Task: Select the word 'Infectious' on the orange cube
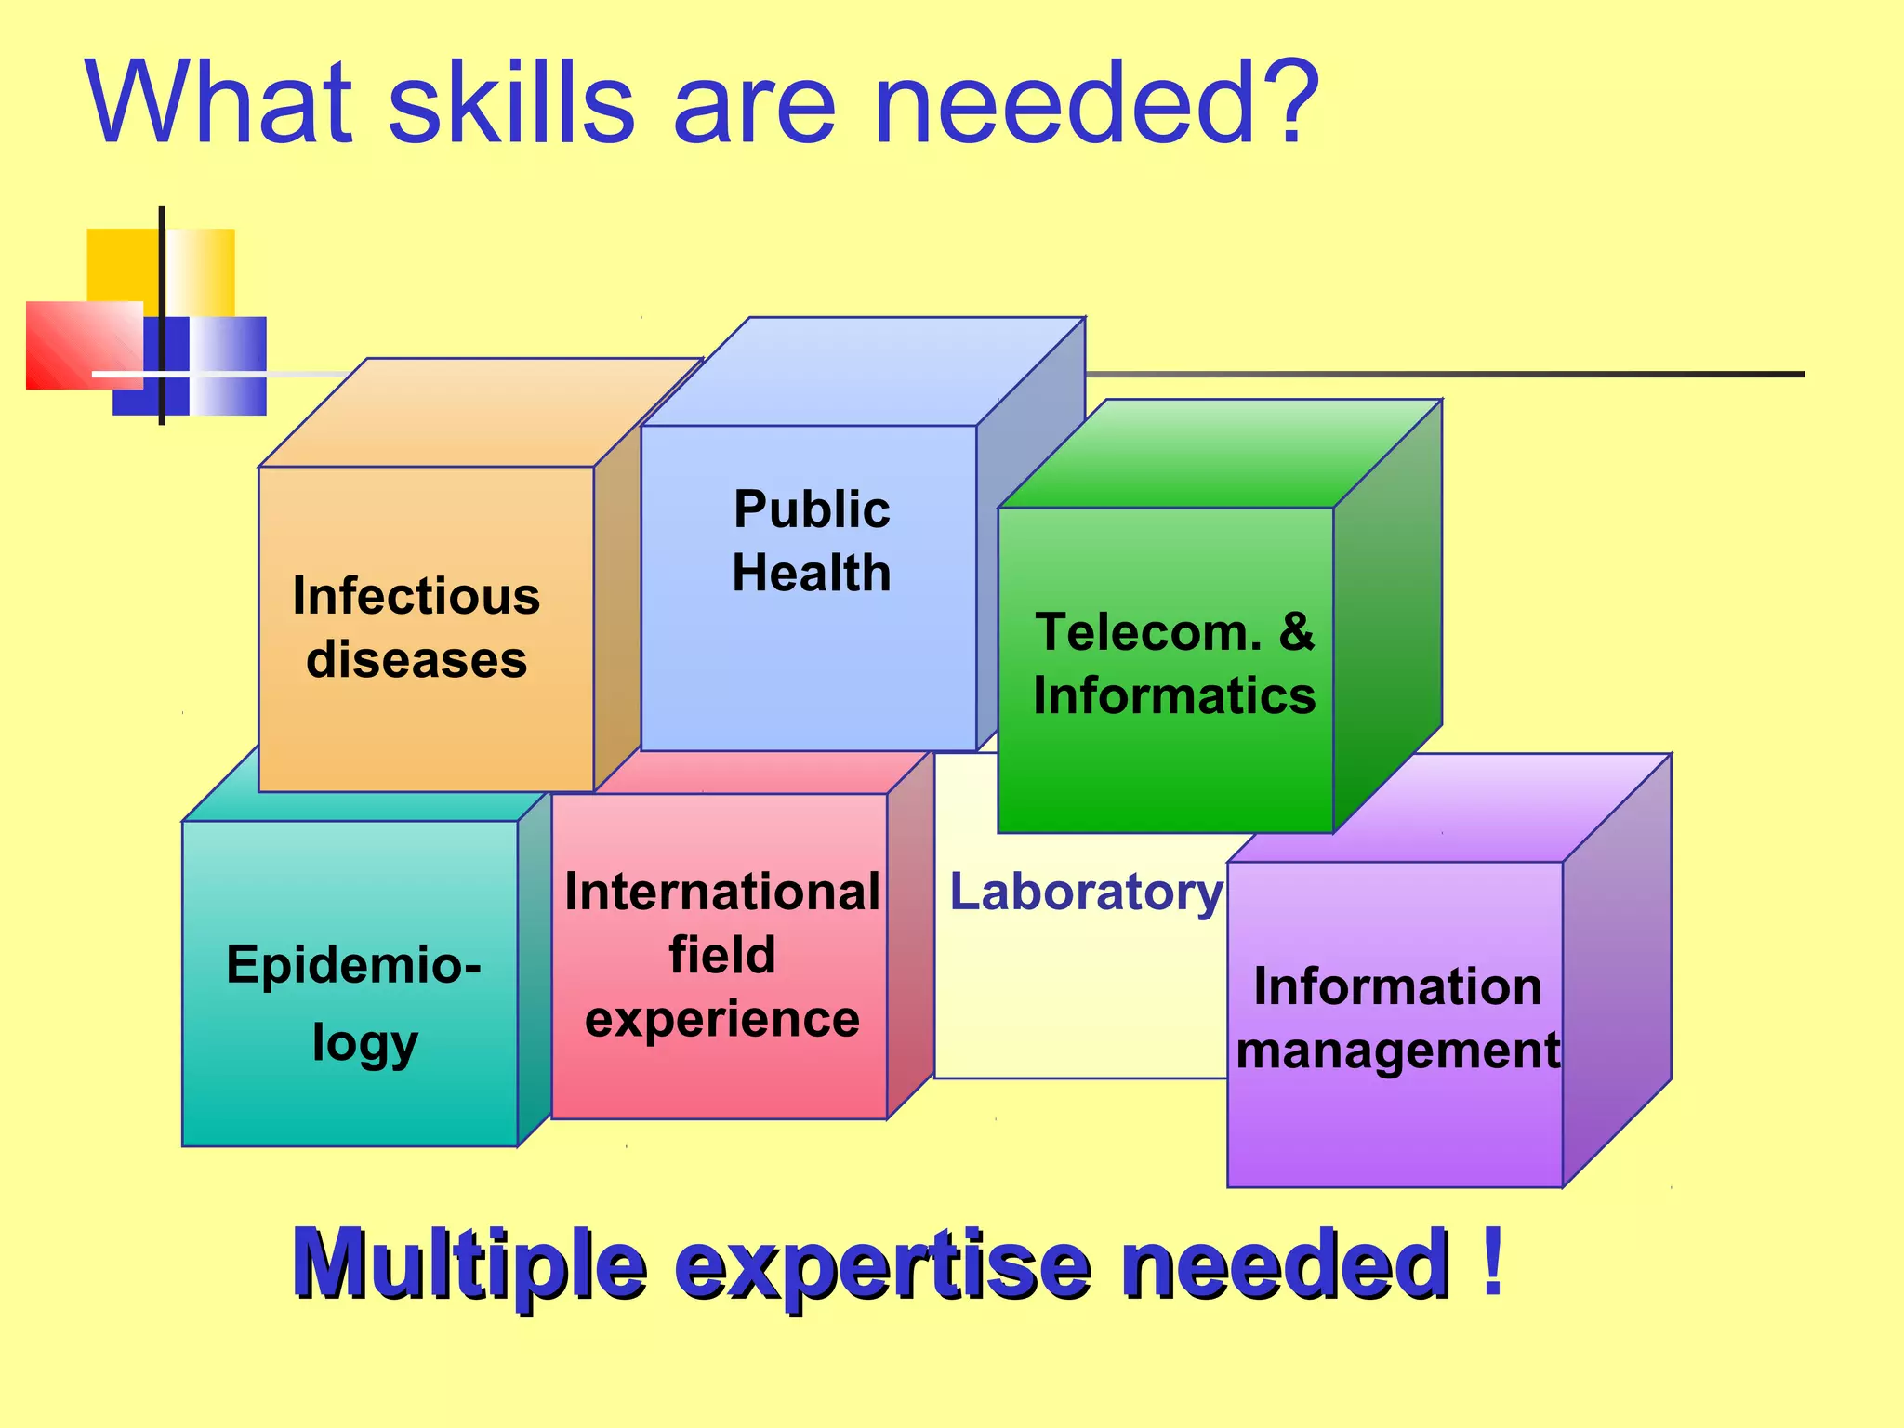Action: (416, 596)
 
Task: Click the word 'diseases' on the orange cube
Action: (416, 660)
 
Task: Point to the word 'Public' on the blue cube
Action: (812, 509)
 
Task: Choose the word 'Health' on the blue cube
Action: (812, 573)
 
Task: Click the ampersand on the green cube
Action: (1296, 632)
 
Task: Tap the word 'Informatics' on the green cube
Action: (1174, 695)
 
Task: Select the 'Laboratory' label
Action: (1086, 892)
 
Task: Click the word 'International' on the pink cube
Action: (722, 892)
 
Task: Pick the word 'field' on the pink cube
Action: (722, 956)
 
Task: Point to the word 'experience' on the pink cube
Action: (722, 1019)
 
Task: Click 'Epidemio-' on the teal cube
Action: (353, 965)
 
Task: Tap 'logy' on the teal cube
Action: (364, 1043)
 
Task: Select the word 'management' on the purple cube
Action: (1397, 1051)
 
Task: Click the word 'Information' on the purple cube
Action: (1397, 986)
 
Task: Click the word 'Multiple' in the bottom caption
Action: (469, 1264)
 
